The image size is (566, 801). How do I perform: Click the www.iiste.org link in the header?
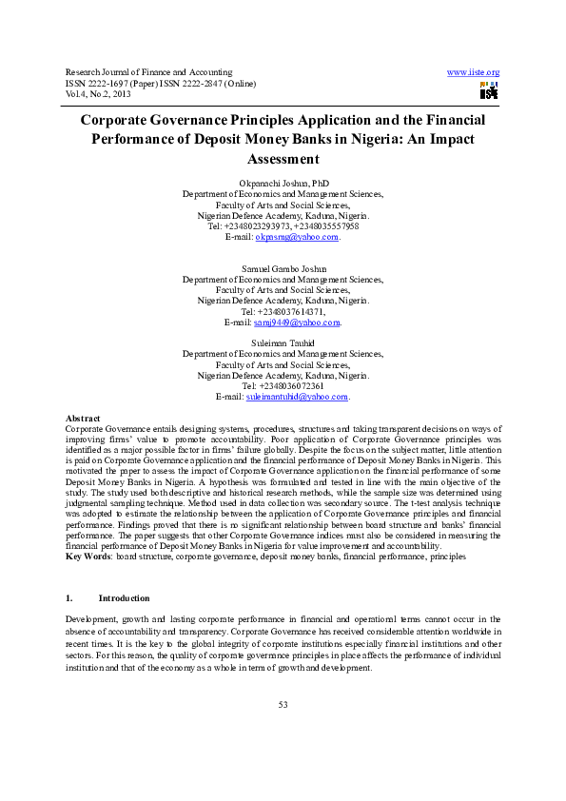(x=473, y=72)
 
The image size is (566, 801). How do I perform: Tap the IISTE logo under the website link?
(x=489, y=91)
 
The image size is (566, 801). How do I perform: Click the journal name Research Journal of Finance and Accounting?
(x=148, y=72)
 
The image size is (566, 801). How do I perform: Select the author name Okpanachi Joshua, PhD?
(x=283, y=182)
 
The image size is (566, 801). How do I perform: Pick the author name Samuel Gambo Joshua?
(x=283, y=269)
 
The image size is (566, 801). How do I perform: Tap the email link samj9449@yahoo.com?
(x=297, y=322)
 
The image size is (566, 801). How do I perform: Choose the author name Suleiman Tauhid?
(x=283, y=343)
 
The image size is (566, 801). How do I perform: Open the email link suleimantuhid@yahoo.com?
(x=297, y=397)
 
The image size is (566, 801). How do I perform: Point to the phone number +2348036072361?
(x=291, y=385)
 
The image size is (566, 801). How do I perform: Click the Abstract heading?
(x=82, y=419)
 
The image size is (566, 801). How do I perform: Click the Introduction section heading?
(x=124, y=598)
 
